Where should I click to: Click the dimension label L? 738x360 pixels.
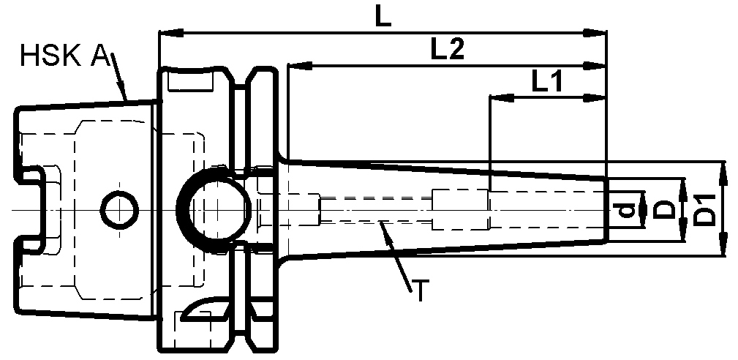(383, 16)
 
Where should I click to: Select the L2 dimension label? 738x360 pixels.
(447, 50)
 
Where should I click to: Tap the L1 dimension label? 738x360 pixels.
(546, 82)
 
